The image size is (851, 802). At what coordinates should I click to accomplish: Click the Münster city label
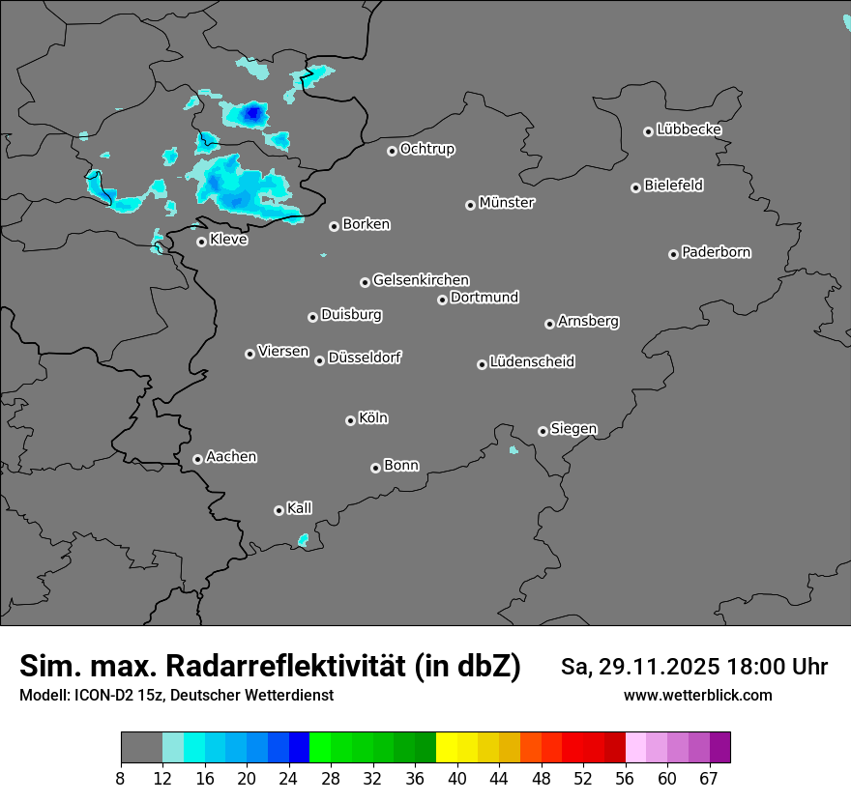507,203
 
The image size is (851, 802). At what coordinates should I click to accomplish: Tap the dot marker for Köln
350,420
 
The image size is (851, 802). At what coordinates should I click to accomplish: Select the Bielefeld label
673,186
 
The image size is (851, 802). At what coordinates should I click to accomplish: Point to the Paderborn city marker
673,254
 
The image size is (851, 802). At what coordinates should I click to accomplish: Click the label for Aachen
231,457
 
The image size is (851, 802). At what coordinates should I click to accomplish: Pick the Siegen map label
573,429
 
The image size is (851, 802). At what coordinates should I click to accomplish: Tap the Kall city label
299,508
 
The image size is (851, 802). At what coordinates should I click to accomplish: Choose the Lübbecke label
689,129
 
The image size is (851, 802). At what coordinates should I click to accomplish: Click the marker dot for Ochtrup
392,151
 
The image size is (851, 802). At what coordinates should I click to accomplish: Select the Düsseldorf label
365,358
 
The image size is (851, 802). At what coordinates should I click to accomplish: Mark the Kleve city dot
201,242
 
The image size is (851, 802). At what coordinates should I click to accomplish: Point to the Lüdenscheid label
532,362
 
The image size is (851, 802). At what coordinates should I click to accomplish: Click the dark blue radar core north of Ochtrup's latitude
253,114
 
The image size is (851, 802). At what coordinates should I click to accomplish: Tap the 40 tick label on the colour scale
457,778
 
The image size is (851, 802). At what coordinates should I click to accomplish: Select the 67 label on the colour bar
709,778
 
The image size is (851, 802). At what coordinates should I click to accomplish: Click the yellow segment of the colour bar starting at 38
446,748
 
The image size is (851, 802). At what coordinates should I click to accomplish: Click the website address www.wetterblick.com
697,696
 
